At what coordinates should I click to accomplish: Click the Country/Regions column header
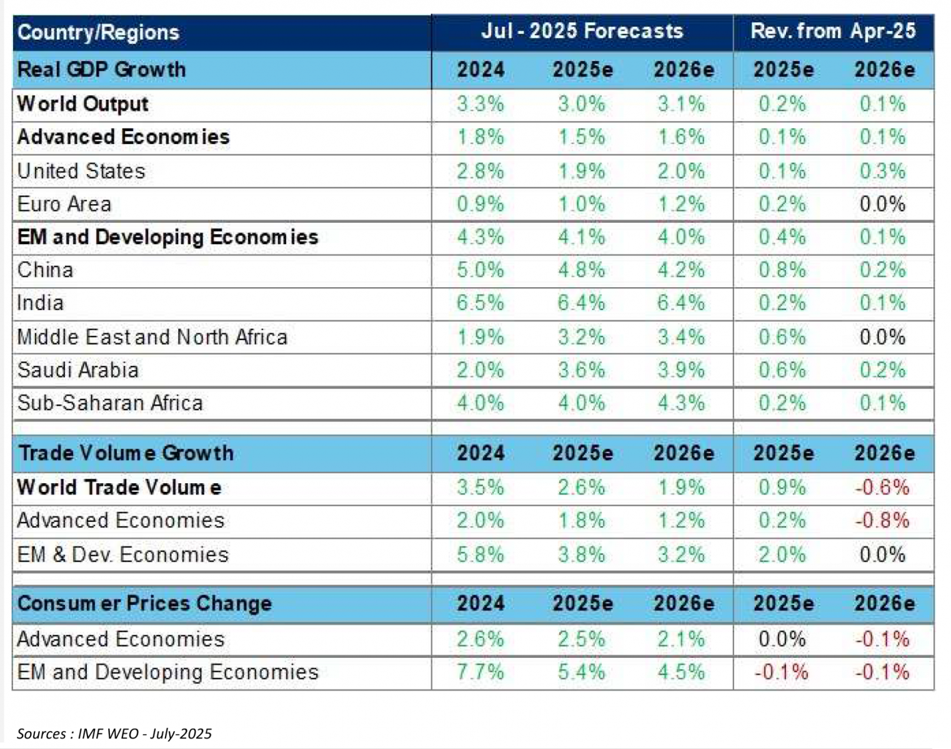[98, 32]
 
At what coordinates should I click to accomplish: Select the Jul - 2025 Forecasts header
[582, 31]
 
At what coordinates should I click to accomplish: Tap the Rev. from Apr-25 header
[833, 31]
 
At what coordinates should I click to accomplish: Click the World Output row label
[82, 104]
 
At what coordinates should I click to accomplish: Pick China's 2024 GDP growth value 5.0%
[480, 270]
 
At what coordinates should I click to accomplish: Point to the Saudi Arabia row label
[77, 370]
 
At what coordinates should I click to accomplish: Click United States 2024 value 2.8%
[480, 171]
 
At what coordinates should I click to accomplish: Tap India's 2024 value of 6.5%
[480, 303]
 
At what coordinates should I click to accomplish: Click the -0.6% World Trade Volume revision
[882, 487]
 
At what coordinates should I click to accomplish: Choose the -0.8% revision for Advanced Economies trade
[882, 521]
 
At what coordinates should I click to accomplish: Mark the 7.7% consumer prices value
[480, 672]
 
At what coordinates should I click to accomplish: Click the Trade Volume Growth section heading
[126, 453]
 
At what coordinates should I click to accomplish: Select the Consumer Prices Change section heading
[144, 604]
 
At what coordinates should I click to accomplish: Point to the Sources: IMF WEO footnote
[114, 733]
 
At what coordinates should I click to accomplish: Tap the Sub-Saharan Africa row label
[110, 403]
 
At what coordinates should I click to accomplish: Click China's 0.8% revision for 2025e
[782, 270]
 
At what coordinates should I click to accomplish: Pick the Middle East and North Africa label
[152, 337]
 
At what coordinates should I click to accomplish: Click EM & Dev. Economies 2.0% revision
[782, 555]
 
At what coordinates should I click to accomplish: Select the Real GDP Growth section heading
[101, 69]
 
